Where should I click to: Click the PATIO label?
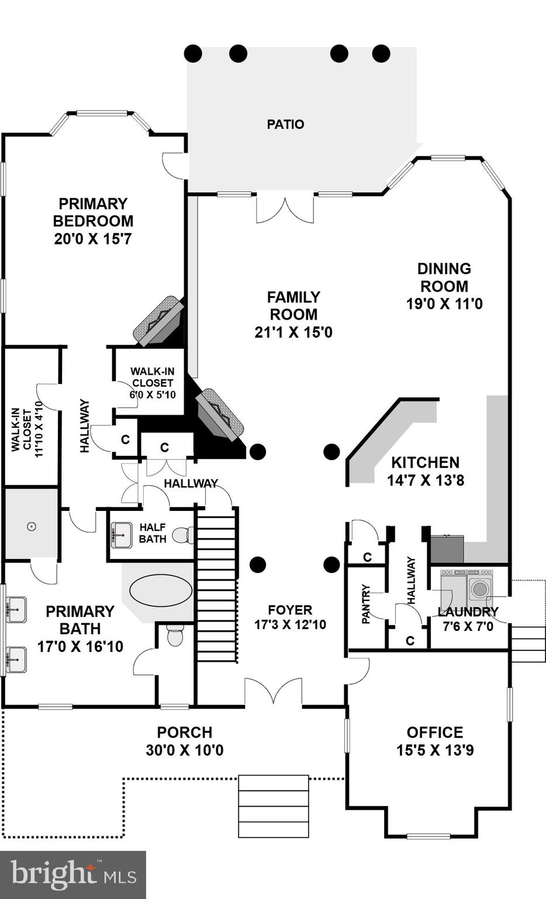[285, 124]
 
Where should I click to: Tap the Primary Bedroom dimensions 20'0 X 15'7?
[93, 239]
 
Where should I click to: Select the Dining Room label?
[444, 277]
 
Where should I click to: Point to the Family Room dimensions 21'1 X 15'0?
[293, 332]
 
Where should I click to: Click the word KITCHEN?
[425, 462]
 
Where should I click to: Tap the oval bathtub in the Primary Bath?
[160, 590]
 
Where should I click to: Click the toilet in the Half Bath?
[183, 535]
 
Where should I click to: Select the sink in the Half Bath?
[121, 535]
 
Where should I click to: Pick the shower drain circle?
[32, 526]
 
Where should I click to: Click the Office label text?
[435, 732]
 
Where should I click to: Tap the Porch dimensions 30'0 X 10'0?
[185, 750]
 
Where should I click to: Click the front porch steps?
[273, 807]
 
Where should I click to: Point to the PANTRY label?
[366, 603]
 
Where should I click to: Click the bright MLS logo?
[72, 874]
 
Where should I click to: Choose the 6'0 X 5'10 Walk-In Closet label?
[152, 383]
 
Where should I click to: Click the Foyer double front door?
[273, 691]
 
